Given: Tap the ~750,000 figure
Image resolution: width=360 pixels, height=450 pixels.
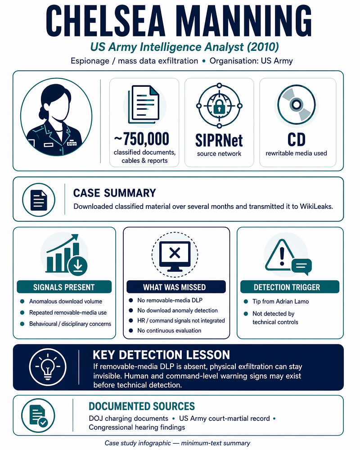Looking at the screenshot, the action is (x=142, y=139).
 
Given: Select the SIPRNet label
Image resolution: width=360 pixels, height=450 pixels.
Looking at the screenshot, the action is (x=219, y=140).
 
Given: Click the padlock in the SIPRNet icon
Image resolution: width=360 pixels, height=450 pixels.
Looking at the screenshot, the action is (x=219, y=107).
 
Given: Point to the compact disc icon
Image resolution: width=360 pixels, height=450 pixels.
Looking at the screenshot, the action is (x=296, y=104).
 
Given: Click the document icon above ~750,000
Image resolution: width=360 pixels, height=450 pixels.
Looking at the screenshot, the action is (x=144, y=104).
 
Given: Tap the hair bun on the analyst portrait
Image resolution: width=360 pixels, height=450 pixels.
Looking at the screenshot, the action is (x=42, y=112).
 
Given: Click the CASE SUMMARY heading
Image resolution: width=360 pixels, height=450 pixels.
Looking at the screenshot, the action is (x=115, y=193).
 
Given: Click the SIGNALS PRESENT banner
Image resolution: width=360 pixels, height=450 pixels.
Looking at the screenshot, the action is (x=64, y=287).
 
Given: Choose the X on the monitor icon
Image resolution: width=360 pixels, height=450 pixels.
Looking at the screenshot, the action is (x=175, y=253).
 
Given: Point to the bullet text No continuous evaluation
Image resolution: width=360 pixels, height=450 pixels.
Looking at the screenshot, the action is (x=169, y=331).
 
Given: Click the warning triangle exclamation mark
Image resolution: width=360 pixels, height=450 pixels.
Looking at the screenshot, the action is (x=282, y=256).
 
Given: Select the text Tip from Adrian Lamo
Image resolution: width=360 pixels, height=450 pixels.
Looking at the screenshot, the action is (x=280, y=301).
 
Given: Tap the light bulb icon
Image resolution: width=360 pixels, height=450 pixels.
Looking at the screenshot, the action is (x=48, y=368).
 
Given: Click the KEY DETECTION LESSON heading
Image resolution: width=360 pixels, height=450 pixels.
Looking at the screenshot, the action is (x=162, y=355).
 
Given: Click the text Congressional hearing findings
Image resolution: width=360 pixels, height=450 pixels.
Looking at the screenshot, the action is (x=137, y=427).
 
